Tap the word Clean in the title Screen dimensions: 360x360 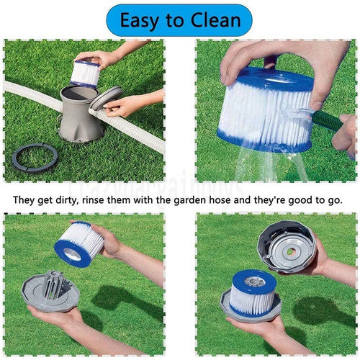coord(214,20)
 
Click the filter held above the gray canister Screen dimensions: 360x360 coord(85,72)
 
